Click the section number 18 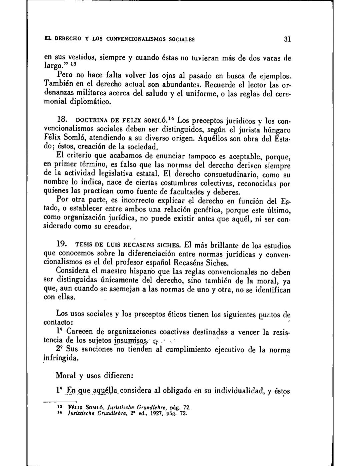61,119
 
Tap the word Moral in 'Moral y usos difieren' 66,375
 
